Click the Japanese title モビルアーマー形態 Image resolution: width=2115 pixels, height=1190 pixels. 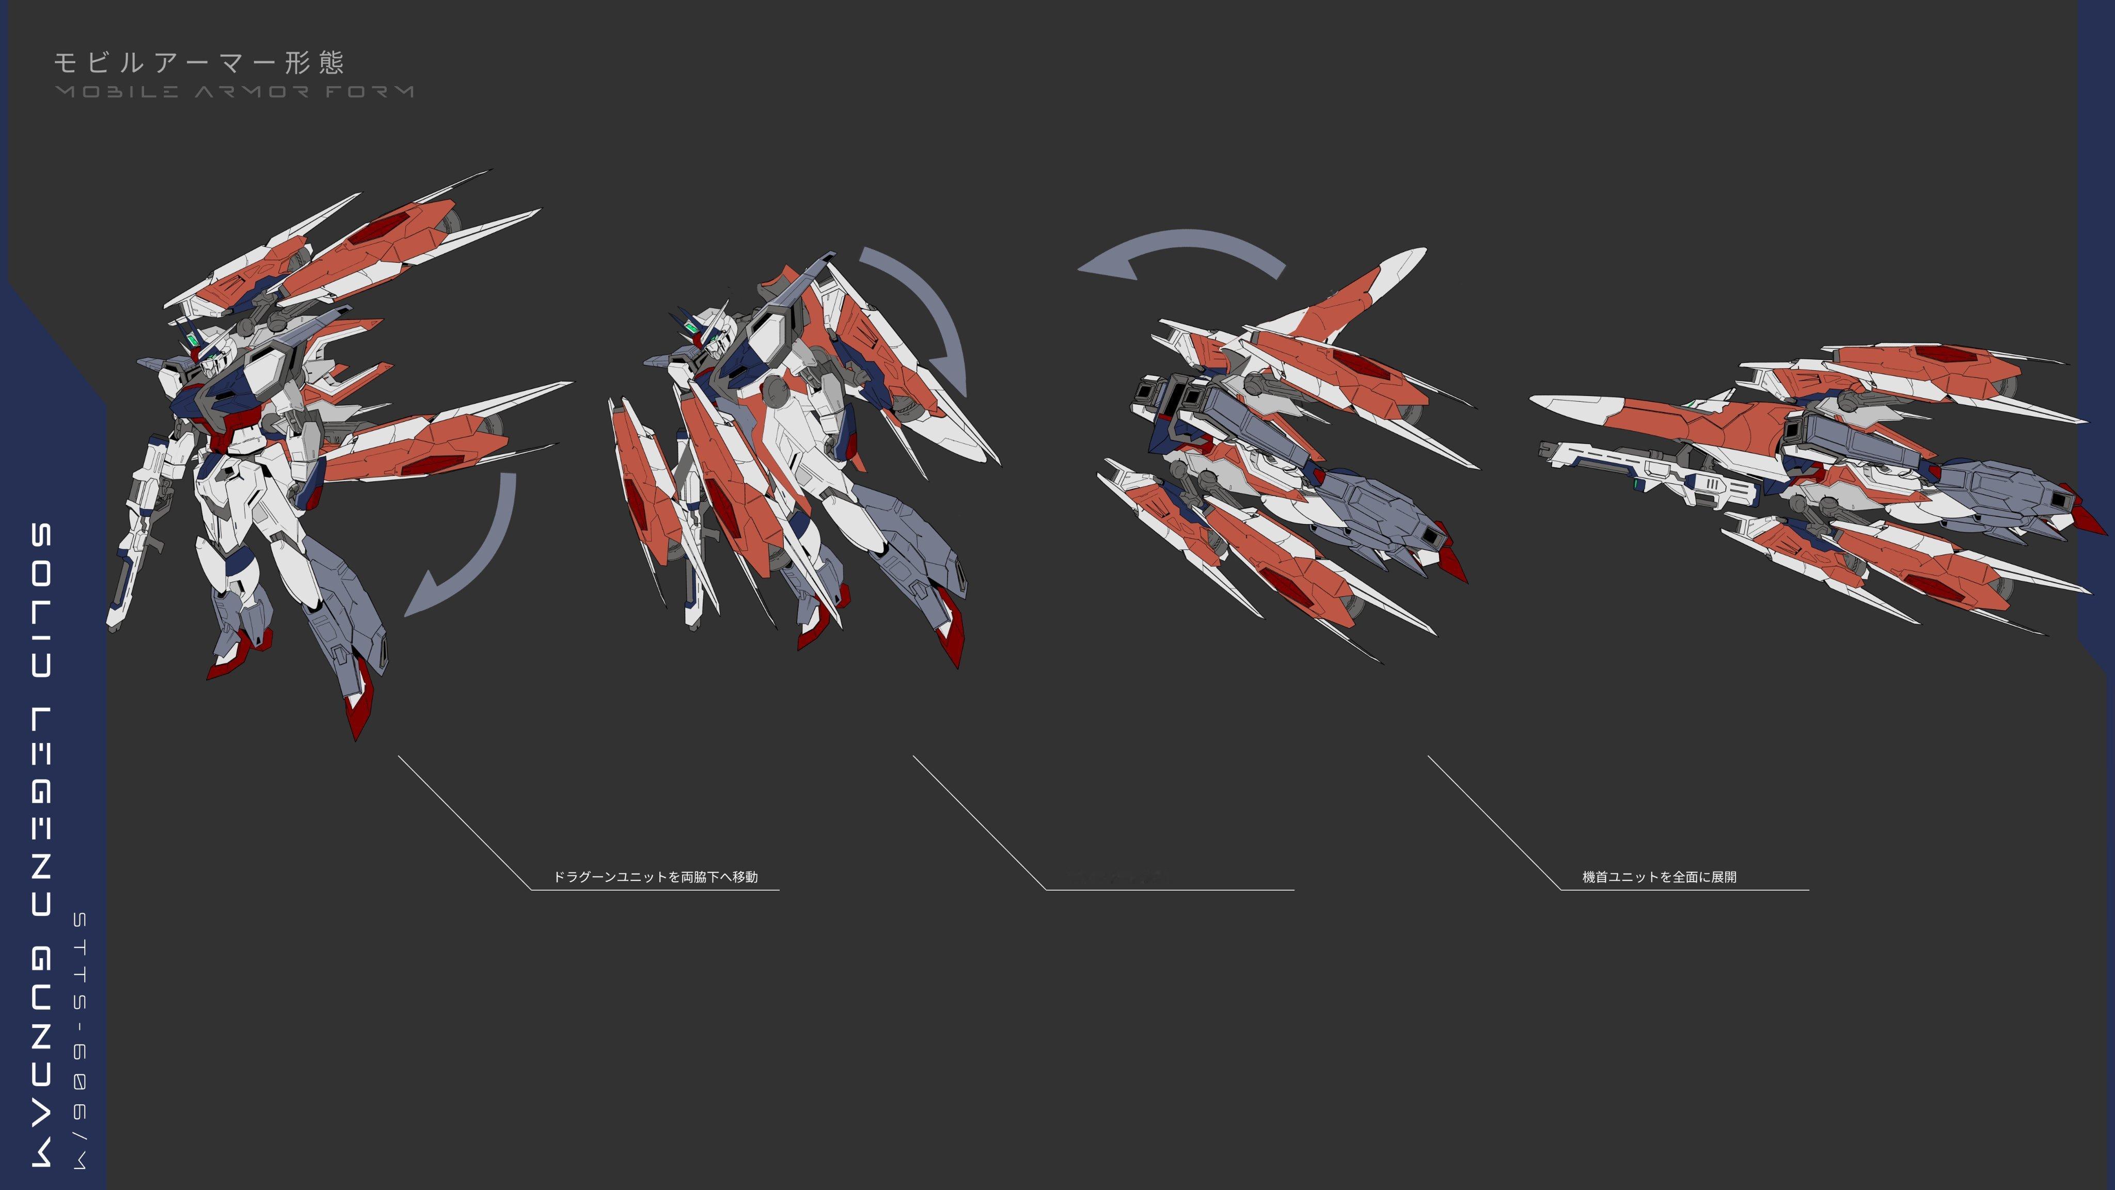pos(199,62)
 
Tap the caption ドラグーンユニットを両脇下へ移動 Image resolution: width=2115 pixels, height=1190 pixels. pos(655,877)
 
